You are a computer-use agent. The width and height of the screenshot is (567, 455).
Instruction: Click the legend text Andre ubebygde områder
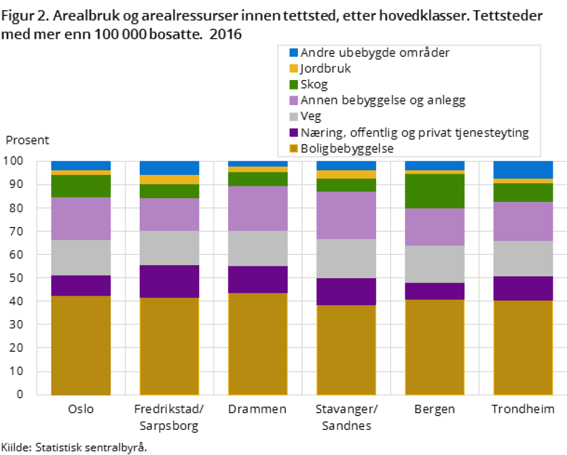click(375, 53)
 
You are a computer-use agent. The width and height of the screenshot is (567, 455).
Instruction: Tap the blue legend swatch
click(294, 53)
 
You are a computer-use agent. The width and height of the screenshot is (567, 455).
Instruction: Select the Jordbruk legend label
click(325, 69)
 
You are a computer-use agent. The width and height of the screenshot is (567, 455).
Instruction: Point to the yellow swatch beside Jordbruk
click(294, 69)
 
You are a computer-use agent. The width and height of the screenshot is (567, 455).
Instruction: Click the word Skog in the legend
click(314, 85)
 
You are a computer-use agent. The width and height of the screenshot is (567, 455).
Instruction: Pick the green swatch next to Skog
click(294, 85)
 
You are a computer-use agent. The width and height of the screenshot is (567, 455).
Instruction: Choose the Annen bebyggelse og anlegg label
click(383, 100)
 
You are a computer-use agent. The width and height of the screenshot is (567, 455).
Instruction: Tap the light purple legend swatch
click(294, 100)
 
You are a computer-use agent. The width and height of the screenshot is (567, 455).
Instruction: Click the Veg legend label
click(310, 116)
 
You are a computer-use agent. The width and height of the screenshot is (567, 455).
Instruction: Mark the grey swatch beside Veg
click(294, 116)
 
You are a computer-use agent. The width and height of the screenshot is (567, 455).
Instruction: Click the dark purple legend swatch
click(294, 133)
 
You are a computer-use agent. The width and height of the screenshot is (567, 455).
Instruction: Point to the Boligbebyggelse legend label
click(347, 149)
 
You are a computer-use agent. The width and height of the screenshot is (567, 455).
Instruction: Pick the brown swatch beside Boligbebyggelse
click(294, 149)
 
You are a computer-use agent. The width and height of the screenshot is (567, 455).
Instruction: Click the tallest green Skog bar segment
click(435, 191)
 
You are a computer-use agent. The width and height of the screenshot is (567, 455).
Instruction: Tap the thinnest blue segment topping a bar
click(258, 164)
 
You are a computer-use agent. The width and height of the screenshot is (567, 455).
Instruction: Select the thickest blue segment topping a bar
click(523, 170)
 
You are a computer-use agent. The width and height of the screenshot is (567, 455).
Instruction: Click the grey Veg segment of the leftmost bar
click(81, 257)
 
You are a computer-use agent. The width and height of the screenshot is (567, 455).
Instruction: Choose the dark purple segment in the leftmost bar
click(81, 285)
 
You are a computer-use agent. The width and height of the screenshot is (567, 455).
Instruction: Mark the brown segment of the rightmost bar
click(523, 347)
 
